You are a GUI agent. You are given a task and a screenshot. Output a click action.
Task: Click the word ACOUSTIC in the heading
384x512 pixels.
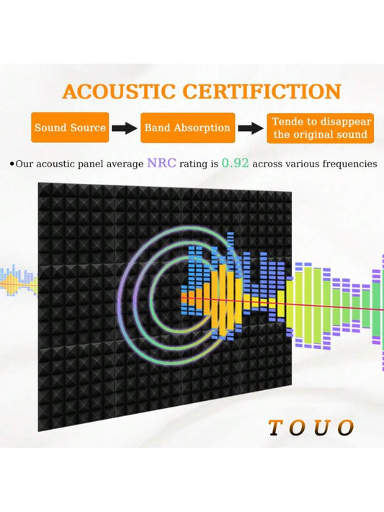pyautogui.click(x=119, y=92)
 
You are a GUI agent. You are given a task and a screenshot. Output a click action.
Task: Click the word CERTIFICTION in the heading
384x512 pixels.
pyautogui.click(x=262, y=92)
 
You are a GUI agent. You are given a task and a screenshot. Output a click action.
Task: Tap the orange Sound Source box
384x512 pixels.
pyautogui.click(x=70, y=128)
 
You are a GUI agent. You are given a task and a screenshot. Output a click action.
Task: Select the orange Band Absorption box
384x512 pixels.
pyautogui.click(x=187, y=128)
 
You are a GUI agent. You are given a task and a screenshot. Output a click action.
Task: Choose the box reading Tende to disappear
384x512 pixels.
pyautogui.click(x=320, y=128)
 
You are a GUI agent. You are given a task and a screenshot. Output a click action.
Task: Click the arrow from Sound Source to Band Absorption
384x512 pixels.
pyautogui.click(x=125, y=128)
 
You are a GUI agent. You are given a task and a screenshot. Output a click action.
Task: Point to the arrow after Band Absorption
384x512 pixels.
pyautogui.click(x=251, y=128)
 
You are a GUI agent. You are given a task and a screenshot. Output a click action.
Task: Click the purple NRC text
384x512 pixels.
pyautogui.click(x=161, y=162)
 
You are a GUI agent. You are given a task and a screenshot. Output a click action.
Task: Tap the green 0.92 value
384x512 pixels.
pyautogui.click(x=235, y=162)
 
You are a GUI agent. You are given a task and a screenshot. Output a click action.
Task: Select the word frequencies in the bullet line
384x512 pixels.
pyautogui.click(x=349, y=164)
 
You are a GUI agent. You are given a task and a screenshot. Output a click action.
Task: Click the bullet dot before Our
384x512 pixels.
pyautogui.click(x=12, y=164)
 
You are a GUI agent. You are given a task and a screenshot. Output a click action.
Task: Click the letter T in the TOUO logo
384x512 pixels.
pyautogui.click(x=276, y=428)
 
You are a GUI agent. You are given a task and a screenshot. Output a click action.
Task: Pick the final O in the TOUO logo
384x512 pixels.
pyautogui.click(x=346, y=428)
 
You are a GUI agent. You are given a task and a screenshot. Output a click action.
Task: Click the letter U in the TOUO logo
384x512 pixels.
pyautogui.click(x=321, y=428)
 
